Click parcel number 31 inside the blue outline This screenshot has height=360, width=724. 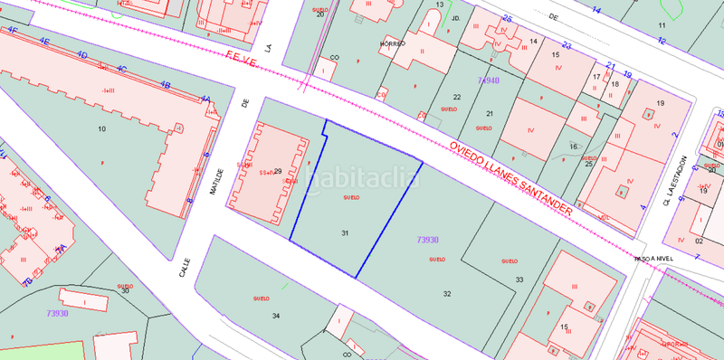345,233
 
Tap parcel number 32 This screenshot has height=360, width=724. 447,294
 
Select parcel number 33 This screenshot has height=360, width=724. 519,279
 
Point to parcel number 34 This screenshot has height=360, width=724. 275,316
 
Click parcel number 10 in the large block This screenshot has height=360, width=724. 101,130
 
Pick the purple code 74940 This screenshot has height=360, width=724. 488,81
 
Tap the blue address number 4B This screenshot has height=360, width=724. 165,84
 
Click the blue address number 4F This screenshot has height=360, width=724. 13,30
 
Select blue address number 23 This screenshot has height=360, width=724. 566,45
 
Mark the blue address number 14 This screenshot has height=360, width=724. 596,11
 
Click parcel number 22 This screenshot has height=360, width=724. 457,97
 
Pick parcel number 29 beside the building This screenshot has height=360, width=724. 278,172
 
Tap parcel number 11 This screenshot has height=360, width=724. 662,24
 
